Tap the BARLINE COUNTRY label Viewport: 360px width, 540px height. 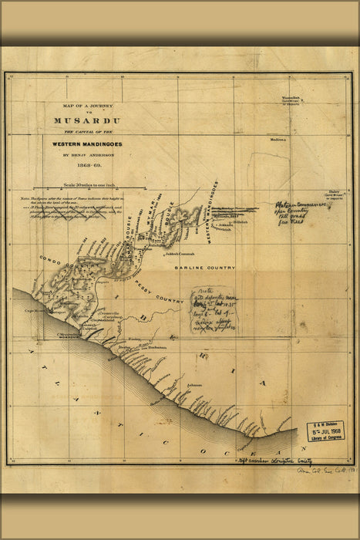(x=204, y=267)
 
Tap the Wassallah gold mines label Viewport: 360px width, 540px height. (x=290, y=100)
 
